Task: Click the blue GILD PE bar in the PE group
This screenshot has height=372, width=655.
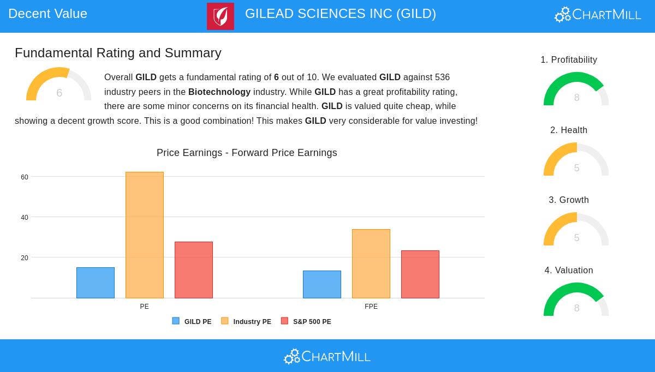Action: point(96,283)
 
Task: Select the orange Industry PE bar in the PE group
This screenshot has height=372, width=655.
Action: point(145,235)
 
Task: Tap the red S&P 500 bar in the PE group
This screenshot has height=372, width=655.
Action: point(194,270)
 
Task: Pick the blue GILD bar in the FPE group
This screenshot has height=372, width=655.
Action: point(322,284)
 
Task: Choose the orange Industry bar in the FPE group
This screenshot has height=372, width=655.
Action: point(371,263)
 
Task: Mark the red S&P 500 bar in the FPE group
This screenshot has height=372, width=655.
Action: point(420,274)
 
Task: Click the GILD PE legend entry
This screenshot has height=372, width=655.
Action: point(192,322)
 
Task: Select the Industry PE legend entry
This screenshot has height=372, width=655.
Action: point(246,322)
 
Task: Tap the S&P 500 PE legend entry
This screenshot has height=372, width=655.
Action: point(306,322)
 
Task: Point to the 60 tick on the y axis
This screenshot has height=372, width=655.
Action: point(25,177)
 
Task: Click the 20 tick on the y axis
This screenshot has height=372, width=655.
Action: point(25,258)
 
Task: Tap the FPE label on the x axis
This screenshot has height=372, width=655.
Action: point(371,307)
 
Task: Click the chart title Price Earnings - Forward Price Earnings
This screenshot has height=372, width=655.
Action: point(247,153)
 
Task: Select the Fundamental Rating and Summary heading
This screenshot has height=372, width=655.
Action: point(118,53)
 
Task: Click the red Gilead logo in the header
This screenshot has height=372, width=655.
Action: point(221,16)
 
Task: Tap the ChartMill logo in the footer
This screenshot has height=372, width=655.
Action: point(327,356)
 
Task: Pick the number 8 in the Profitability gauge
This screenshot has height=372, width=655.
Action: point(576,98)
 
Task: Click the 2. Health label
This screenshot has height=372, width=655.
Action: point(569,130)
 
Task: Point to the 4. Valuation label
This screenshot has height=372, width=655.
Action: point(569,270)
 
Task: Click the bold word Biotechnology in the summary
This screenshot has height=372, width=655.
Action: point(219,92)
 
